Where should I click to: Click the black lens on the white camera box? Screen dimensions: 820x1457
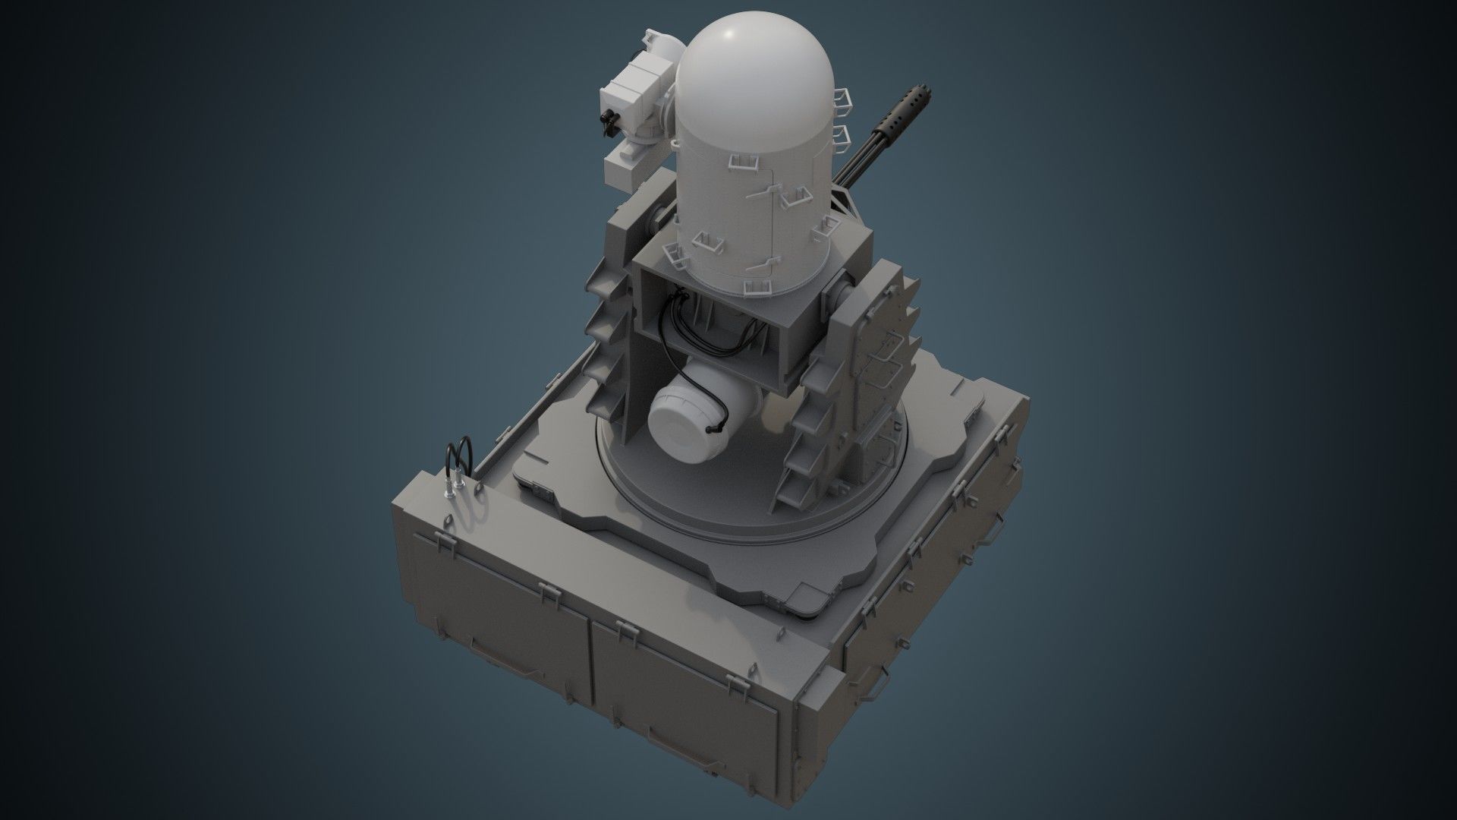(x=609, y=120)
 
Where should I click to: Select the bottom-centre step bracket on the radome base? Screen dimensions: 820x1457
(x=757, y=287)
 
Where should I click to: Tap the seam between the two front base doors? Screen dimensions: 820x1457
(x=590, y=668)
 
